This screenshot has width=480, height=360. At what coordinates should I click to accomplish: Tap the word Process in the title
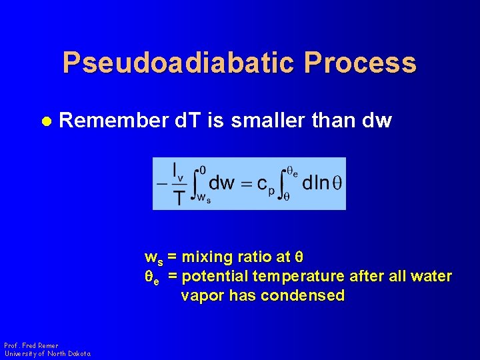[360, 63]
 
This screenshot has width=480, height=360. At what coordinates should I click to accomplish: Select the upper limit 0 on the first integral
[203, 169]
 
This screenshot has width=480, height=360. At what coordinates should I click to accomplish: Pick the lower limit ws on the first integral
[203, 198]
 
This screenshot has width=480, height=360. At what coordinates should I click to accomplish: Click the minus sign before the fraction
[162, 183]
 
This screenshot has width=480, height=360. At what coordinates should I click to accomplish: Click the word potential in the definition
[213, 276]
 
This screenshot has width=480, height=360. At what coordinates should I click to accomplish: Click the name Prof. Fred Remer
[31, 345]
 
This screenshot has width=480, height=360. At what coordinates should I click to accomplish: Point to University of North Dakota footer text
[47, 353]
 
